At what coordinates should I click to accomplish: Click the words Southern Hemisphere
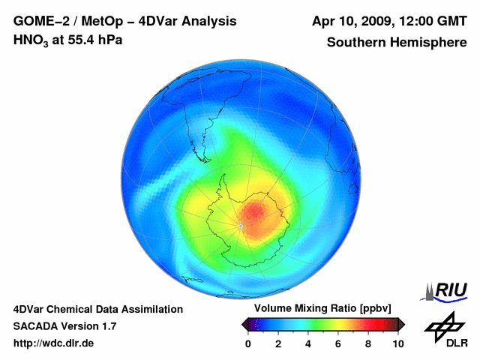[x=397, y=42]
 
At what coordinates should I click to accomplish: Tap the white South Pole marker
[x=241, y=224]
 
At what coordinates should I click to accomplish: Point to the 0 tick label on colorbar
[x=248, y=343]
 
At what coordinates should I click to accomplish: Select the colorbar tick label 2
[x=278, y=343]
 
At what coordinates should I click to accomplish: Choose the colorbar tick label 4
[x=308, y=343]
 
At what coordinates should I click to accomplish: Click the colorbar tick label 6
[x=338, y=343]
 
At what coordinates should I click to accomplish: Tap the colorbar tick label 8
[x=368, y=343]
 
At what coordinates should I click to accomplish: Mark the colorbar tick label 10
[x=397, y=343]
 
